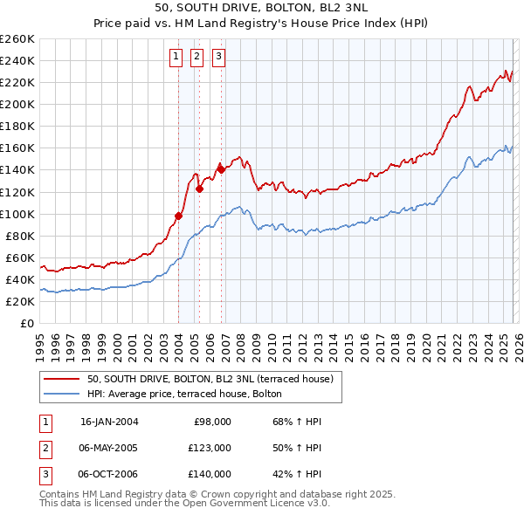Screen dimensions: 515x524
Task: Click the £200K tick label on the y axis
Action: coord(17,104)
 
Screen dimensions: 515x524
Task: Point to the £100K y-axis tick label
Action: coord(17,214)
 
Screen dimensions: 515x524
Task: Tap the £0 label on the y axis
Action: coord(27,323)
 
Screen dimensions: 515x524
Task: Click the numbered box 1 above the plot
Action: coord(176,58)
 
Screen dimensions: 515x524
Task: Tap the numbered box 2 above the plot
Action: coord(196,58)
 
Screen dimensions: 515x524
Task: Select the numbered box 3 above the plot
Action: coord(217,58)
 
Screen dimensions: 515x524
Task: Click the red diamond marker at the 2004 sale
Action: coord(179,216)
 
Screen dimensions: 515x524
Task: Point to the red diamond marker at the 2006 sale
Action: coord(221,169)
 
